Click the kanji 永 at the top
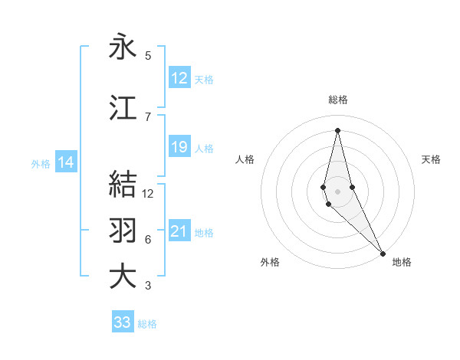point(123,47)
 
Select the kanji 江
point(123,108)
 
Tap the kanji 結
point(123,185)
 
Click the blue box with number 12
point(179,77)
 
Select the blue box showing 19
point(179,147)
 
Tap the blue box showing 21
point(179,231)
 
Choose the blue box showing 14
point(66,162)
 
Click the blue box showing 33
point(123,322)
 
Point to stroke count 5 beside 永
point(148,56)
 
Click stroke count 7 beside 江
point(148,116)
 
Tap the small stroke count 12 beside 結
point(148,194)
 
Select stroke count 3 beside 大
point(148,286)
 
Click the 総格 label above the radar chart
point(338,100)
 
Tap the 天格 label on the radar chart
point(432,159)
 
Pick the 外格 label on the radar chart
point(270,262)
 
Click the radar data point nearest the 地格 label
point(383,252)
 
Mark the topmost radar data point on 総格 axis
point(337,130)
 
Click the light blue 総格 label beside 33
point(148,324)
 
